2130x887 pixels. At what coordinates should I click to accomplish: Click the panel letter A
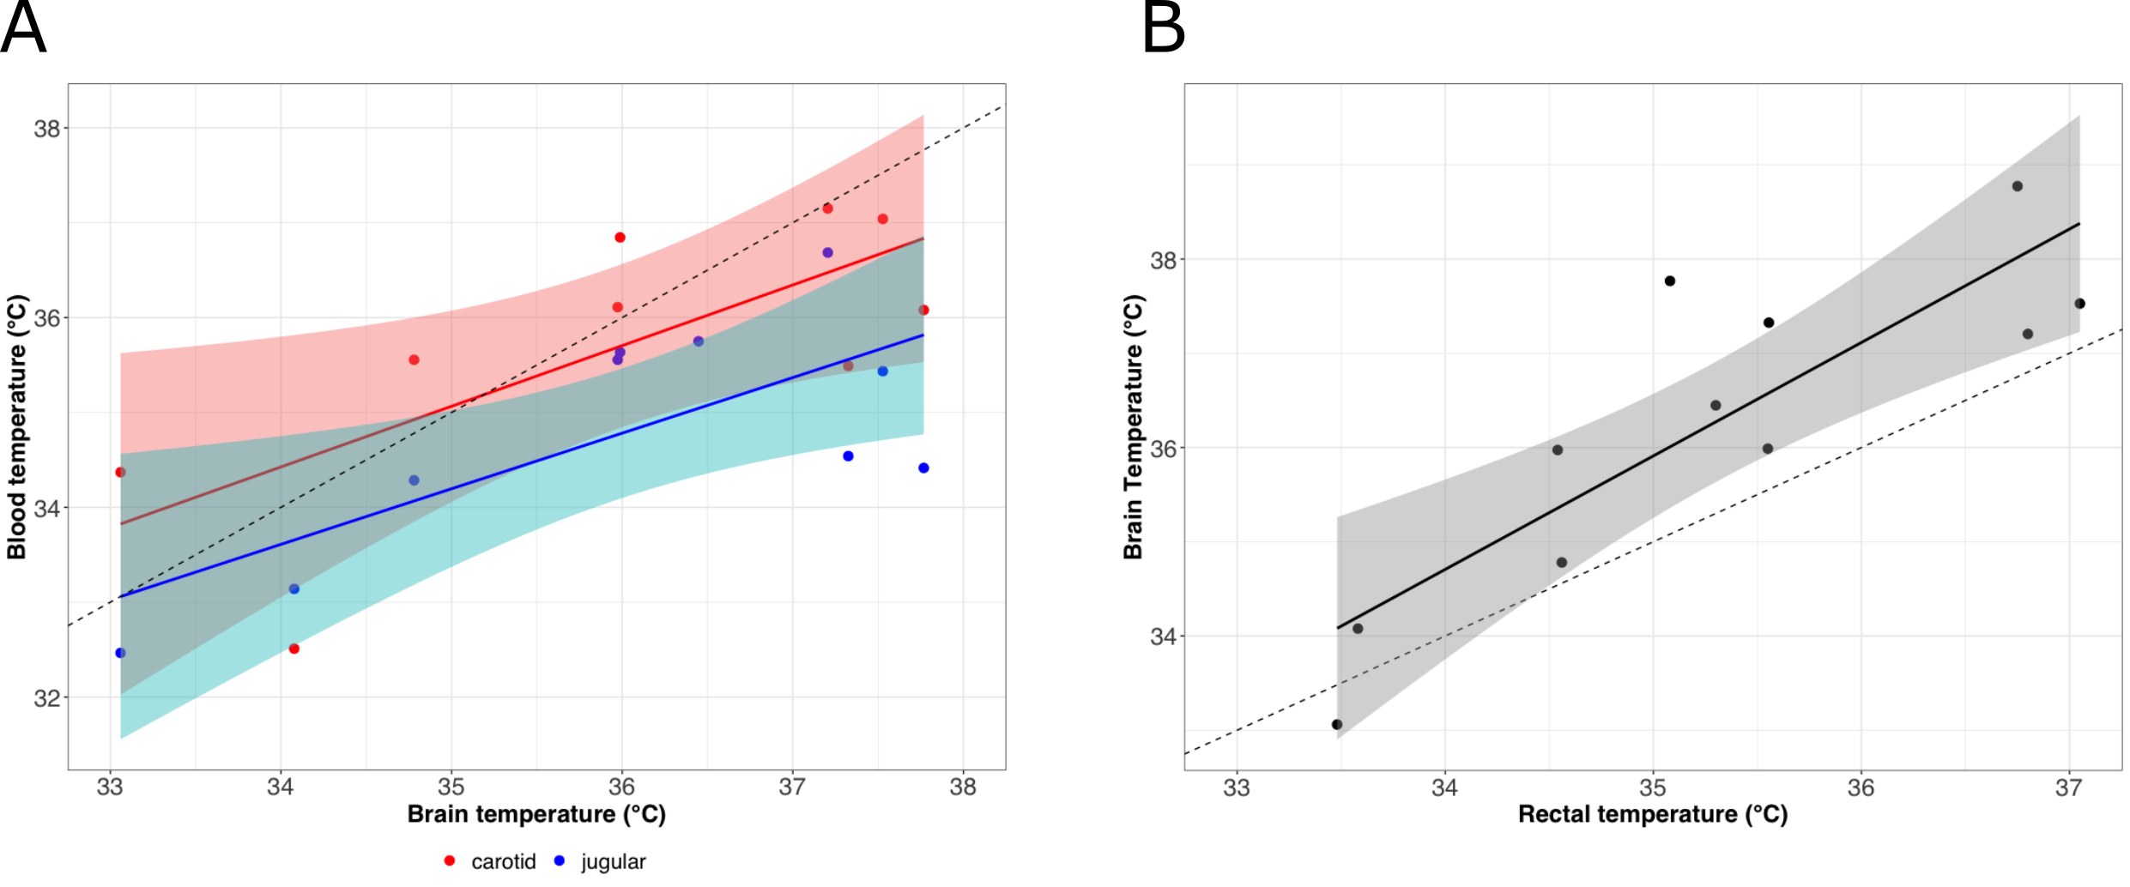tap(23, 27)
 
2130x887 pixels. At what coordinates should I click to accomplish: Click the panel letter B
tap(1164, 27)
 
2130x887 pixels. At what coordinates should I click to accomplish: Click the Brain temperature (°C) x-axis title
tap(536, 814)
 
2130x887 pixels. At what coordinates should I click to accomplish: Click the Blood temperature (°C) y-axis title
tap(17, 427)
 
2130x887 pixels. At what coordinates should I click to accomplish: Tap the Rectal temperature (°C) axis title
tap(1653, 814)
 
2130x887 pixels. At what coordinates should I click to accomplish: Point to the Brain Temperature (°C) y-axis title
tap(1134, 427)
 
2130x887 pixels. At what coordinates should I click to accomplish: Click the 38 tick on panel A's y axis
tap(47, 129)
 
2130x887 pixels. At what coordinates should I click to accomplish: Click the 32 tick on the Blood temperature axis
tap(47, 698)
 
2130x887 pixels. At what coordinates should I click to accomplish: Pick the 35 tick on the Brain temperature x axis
tap(451, 787)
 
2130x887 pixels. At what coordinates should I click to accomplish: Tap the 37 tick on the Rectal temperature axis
tap(2069, 787)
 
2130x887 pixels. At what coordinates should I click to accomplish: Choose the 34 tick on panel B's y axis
tap(1164, 637)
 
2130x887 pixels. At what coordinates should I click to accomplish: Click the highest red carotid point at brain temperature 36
tap(620, 238)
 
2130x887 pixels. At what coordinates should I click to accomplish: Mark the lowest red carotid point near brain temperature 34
tap(294, 649)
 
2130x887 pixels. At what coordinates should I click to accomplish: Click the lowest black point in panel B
tap(1337, 725)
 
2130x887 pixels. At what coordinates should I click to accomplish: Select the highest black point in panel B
tap(2018, 186)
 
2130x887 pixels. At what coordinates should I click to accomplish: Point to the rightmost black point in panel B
tap(2080, 304)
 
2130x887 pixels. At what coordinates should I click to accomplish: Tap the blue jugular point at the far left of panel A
tap(120, 653)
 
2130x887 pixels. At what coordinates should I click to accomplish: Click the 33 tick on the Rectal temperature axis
tap(1237, 787)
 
